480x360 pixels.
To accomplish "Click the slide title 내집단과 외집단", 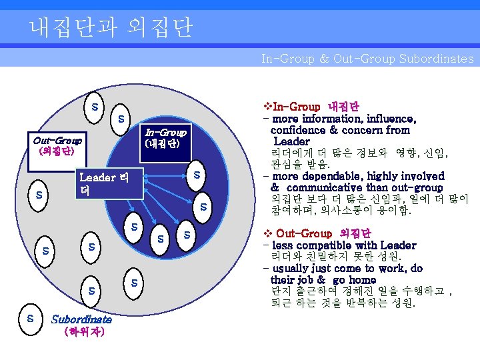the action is point(111,27).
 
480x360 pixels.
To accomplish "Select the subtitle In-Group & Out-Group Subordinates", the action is point(367,59).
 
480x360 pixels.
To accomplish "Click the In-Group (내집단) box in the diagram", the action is point(165,137).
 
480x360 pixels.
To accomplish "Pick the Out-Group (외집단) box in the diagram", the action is point(57,145).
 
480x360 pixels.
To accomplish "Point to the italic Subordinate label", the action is point(81,319).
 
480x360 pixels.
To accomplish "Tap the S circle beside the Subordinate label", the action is point(30,318).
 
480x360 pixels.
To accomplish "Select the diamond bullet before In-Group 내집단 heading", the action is point(267,107).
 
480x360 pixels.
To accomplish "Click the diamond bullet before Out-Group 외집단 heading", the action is point(267,234).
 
